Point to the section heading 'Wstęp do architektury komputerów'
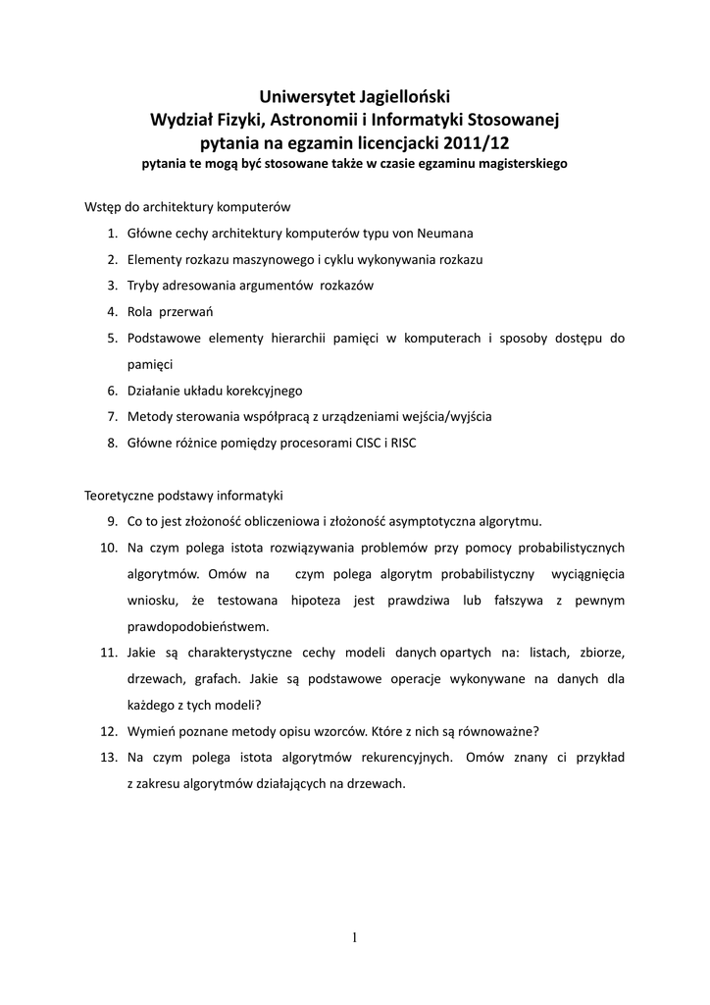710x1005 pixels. tap(187, 208)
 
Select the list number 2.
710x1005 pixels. tap(113, 260)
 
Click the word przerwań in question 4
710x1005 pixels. tap(190, 312)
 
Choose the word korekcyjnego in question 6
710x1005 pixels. tap(259, 391)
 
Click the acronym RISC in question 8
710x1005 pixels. tap(403, 443)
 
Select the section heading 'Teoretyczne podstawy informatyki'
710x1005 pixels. tap(183, 495)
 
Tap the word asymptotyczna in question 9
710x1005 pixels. tap(441, 520)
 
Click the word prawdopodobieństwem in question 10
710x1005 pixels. tap(197, 625)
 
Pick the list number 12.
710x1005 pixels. tap(110, 731)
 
